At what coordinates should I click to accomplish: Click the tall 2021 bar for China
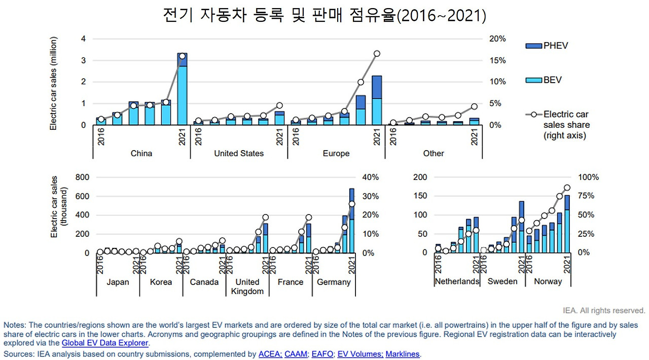pyautogui.click(x=182, y=89)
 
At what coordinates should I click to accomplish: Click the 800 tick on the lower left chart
pyautogui.click(x=82, y=177)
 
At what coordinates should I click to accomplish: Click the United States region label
pyautogui.click(x=239, y=153)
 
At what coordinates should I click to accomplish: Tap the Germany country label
pyautogui.click(x=334, y=282)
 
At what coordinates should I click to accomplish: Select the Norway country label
pyautogui.click(x=548, y=281)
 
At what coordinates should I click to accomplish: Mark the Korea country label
pyautogui.click(x=161, y=282)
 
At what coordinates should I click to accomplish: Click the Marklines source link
pyautogui.click(x=403, y=354)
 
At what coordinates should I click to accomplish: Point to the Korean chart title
pyautogui.click(x=324, y=16)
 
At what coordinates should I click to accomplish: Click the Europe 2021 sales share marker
pyautogui.click(x=377, y=54)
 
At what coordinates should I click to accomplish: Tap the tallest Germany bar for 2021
pyautogui.click(x=352, y=221)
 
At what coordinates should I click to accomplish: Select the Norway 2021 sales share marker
pyautogui.click(x=567, y=188)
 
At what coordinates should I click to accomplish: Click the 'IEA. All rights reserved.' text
pyautogui.click(x=604, y=310)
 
